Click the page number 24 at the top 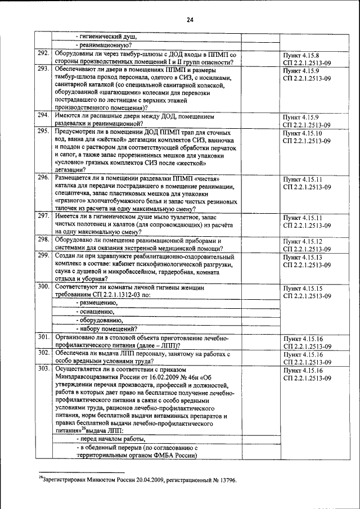[x=190, y=20]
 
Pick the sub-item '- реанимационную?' [x=104, y=45]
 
